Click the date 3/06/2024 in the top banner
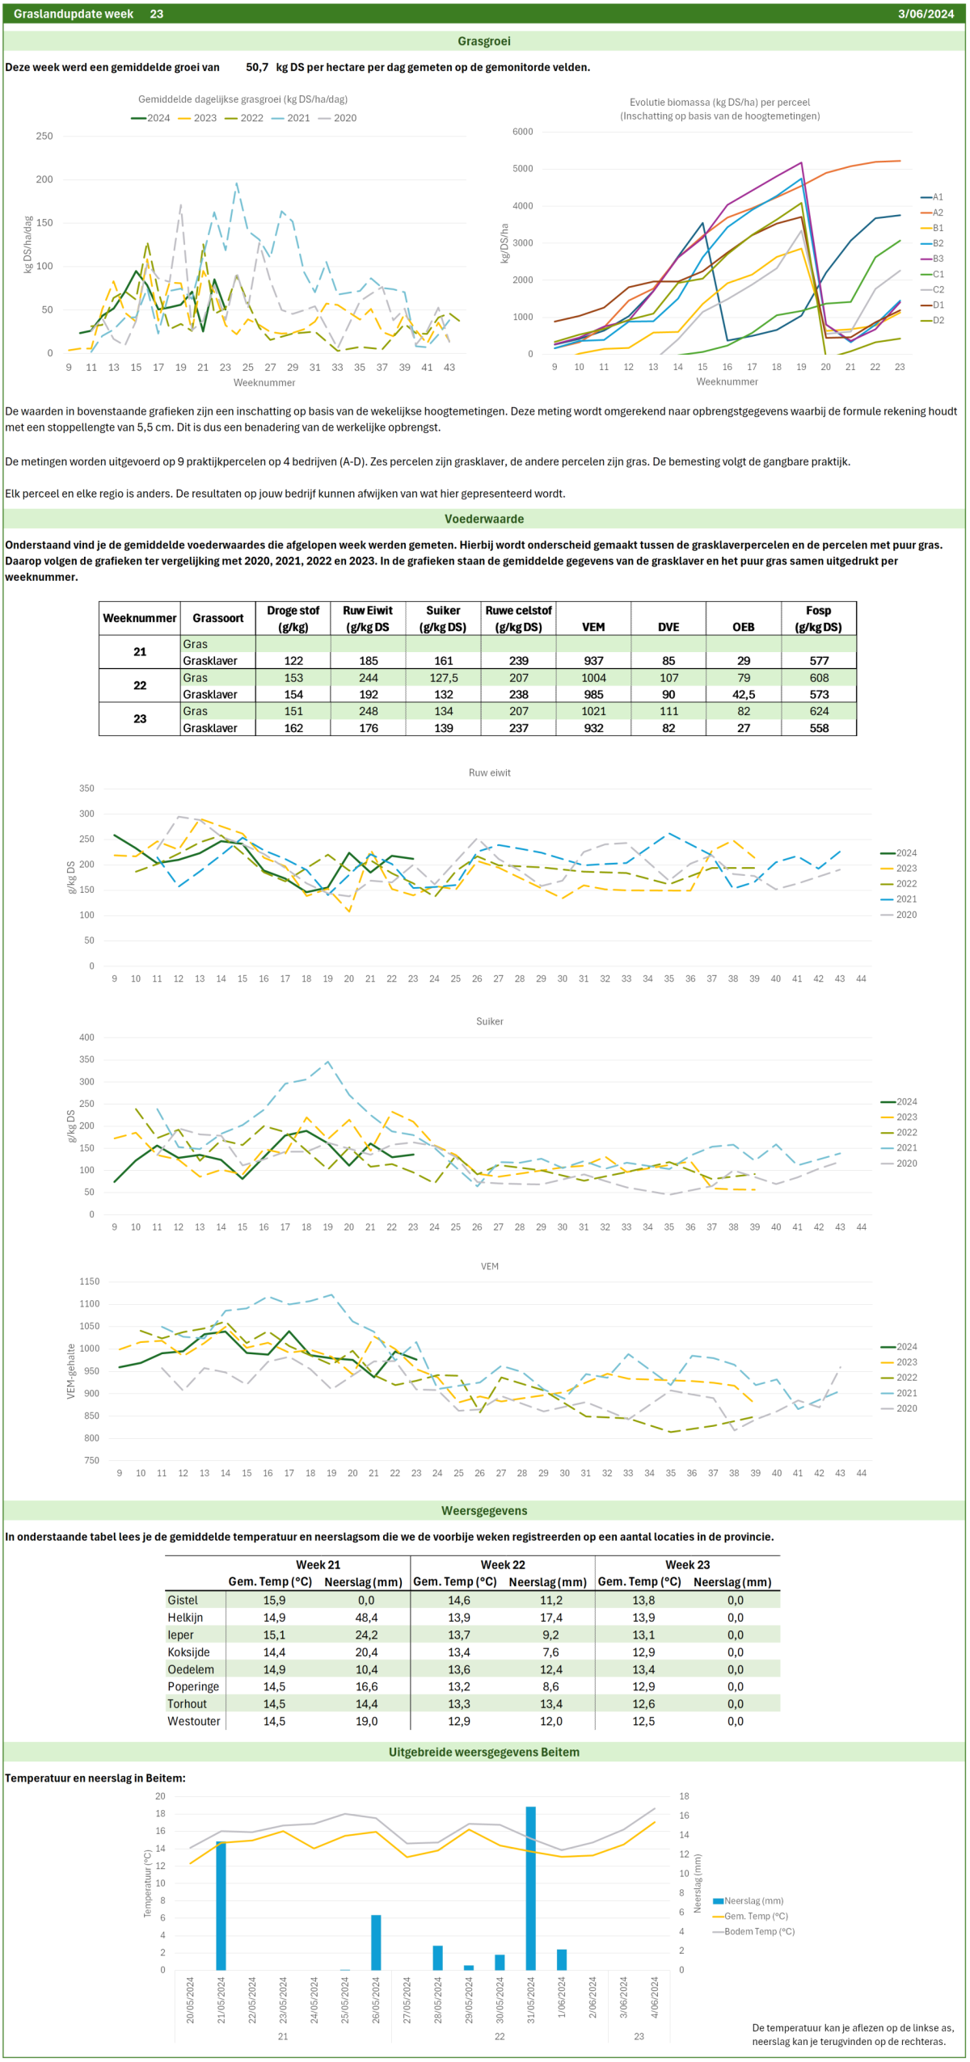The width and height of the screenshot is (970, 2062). point(926,14)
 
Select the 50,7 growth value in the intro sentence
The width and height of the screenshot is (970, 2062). point(257,67)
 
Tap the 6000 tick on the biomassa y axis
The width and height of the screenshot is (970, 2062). point(522,132)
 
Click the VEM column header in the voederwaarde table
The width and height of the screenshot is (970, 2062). point(593,627)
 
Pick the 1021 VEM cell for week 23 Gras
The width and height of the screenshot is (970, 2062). point(593,711)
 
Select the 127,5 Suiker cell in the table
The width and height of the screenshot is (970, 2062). point(443,678)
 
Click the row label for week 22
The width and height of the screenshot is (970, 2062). point(140,685)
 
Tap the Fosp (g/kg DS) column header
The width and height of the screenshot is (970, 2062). point(819,619)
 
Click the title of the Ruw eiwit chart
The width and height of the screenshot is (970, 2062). point(489,772)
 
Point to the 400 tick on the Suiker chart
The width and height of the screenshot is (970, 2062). point(86,1037)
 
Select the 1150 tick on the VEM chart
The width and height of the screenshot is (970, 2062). point(89,1281)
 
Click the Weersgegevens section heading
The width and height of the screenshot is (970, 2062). point(484,1510)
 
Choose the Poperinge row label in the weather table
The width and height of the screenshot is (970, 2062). point(193,1686)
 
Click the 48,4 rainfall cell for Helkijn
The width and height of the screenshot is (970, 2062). point(366,1617)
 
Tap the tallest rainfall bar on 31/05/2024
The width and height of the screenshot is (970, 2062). point(530,1887)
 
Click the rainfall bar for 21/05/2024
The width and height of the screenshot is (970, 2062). point(221,1905)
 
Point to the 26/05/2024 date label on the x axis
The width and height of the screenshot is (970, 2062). point(376,2000)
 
